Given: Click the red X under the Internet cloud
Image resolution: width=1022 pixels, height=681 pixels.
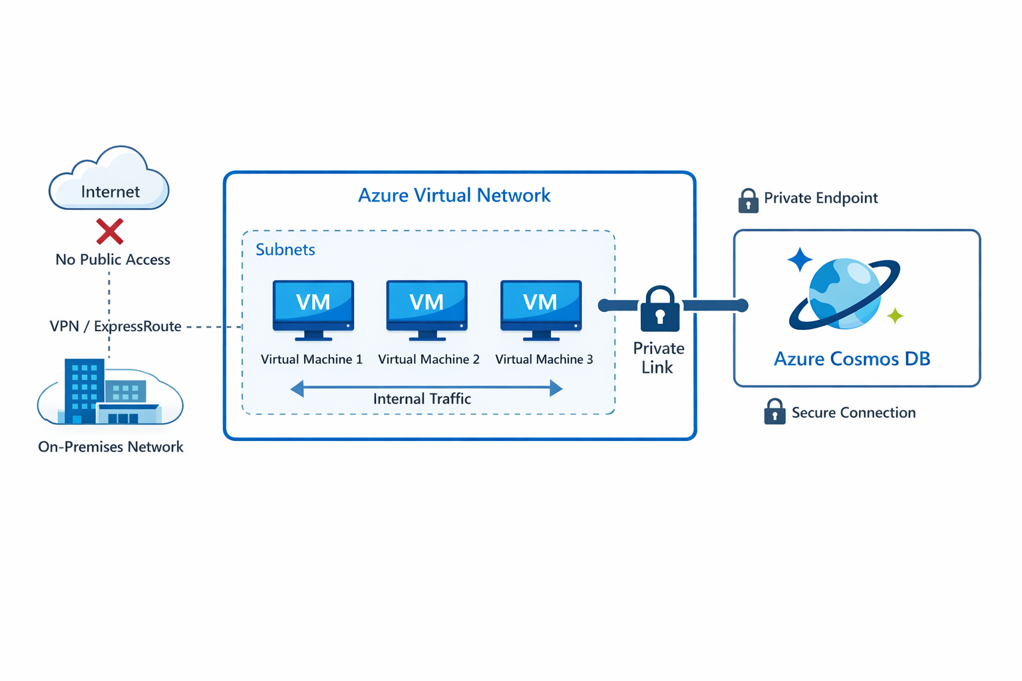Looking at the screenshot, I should click(x=110, y=231).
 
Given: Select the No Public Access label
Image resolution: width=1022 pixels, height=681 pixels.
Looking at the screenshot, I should click(x=112, y=259).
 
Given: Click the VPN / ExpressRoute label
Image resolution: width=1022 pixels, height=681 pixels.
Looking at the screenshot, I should click(x=116, y=327).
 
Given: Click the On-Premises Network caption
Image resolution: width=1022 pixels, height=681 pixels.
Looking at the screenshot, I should click(x=110, y=447).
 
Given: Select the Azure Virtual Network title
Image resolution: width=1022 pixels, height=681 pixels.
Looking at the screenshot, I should click(x=454, y=196).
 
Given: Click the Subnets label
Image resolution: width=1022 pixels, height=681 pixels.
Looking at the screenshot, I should click(x=285, y=250).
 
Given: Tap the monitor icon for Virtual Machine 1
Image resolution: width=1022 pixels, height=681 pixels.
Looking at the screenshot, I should click(x=313, y=307).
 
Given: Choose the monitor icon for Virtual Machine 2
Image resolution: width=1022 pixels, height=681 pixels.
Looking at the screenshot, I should click(x=426, y=307).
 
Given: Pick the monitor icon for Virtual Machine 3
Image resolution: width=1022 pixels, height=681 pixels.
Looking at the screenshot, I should click(x=541, y=307).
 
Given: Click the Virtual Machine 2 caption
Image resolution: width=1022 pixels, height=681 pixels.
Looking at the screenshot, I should click(x=428, y=360).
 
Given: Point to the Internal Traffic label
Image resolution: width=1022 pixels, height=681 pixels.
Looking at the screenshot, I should click(x=422, y=399).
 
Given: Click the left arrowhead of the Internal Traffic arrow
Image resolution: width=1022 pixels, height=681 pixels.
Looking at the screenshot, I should click(x=297, y=388).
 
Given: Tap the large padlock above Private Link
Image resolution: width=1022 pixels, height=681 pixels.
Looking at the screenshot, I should click(x=659, y=310).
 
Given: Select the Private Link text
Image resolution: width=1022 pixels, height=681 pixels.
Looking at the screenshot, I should click(x=658, y=358).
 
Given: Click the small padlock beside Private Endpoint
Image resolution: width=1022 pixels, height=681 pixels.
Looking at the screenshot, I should click(x=749, y=200).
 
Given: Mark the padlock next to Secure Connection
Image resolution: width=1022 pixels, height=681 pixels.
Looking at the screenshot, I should click(x=774, y=412).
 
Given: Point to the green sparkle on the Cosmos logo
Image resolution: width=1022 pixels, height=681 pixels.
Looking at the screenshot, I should click(x=896, y=315).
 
